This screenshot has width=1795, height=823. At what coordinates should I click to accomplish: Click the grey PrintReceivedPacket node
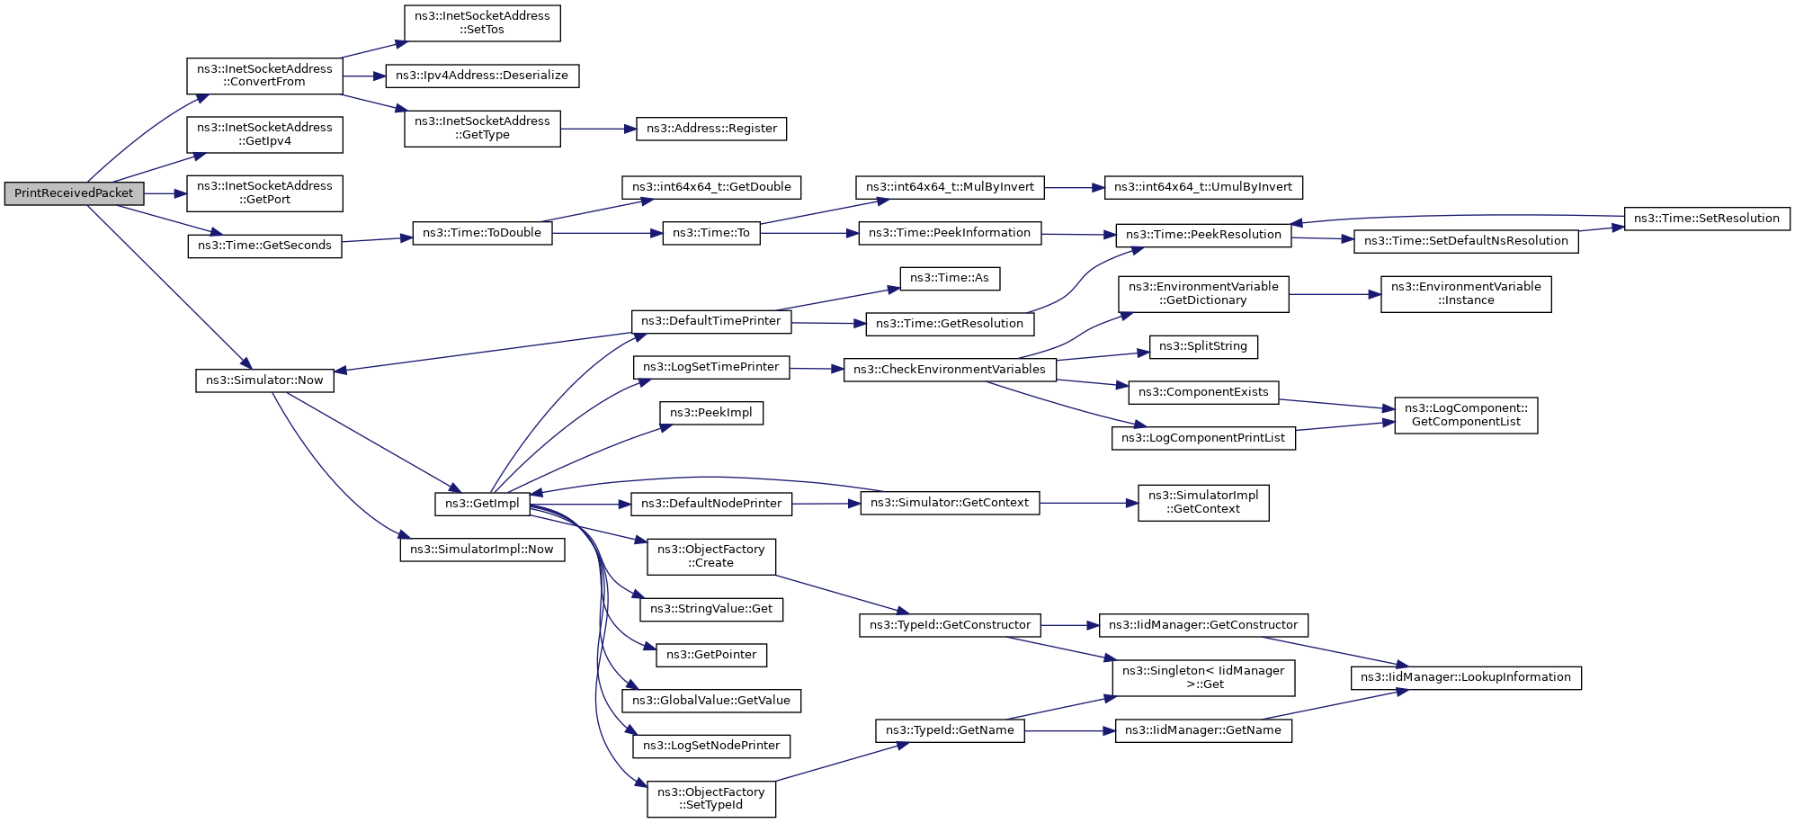pos(74,193)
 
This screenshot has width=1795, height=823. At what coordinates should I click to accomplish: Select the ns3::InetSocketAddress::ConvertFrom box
pos(264,76)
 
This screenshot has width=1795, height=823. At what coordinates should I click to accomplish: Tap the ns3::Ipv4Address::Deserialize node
pos(482,76)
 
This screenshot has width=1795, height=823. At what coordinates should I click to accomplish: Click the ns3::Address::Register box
pos(711,129)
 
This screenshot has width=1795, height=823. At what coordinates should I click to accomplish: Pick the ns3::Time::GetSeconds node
pos(264,246)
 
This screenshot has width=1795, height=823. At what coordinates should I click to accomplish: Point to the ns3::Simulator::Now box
pos(264,380)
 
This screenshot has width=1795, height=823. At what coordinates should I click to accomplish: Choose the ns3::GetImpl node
pos(482,504)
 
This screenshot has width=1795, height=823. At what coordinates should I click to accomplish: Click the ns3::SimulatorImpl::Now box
pos(482,550)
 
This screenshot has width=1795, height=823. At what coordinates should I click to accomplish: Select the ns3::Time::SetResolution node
pos(1706,219)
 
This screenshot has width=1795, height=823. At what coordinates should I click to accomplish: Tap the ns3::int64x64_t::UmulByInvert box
pos(1202,187)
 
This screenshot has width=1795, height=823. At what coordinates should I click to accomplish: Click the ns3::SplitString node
pos(1202,346)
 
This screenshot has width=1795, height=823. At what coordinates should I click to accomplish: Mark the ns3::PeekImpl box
pos(710,413)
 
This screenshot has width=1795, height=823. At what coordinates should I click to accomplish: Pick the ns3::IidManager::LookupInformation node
pos(1465,677)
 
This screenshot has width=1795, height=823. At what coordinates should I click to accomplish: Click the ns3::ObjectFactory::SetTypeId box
pos(710,799)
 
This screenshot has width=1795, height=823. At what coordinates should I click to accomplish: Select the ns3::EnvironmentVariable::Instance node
pos(1465,294)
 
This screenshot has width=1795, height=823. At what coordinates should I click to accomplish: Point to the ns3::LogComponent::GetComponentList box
pos(1465,415)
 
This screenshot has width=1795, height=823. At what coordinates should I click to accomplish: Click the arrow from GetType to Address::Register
pos(598,129)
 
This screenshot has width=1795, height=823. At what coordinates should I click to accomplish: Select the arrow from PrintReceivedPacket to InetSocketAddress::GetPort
pos(165,193)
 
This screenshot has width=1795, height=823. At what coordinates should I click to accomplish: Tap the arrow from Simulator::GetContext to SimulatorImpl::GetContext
pos(1088,503)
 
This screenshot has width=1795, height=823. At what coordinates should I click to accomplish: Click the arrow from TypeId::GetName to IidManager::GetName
pos(1069,731)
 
